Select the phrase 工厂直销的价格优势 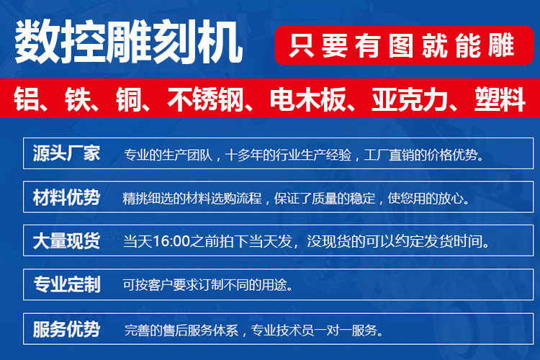(422, 156)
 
